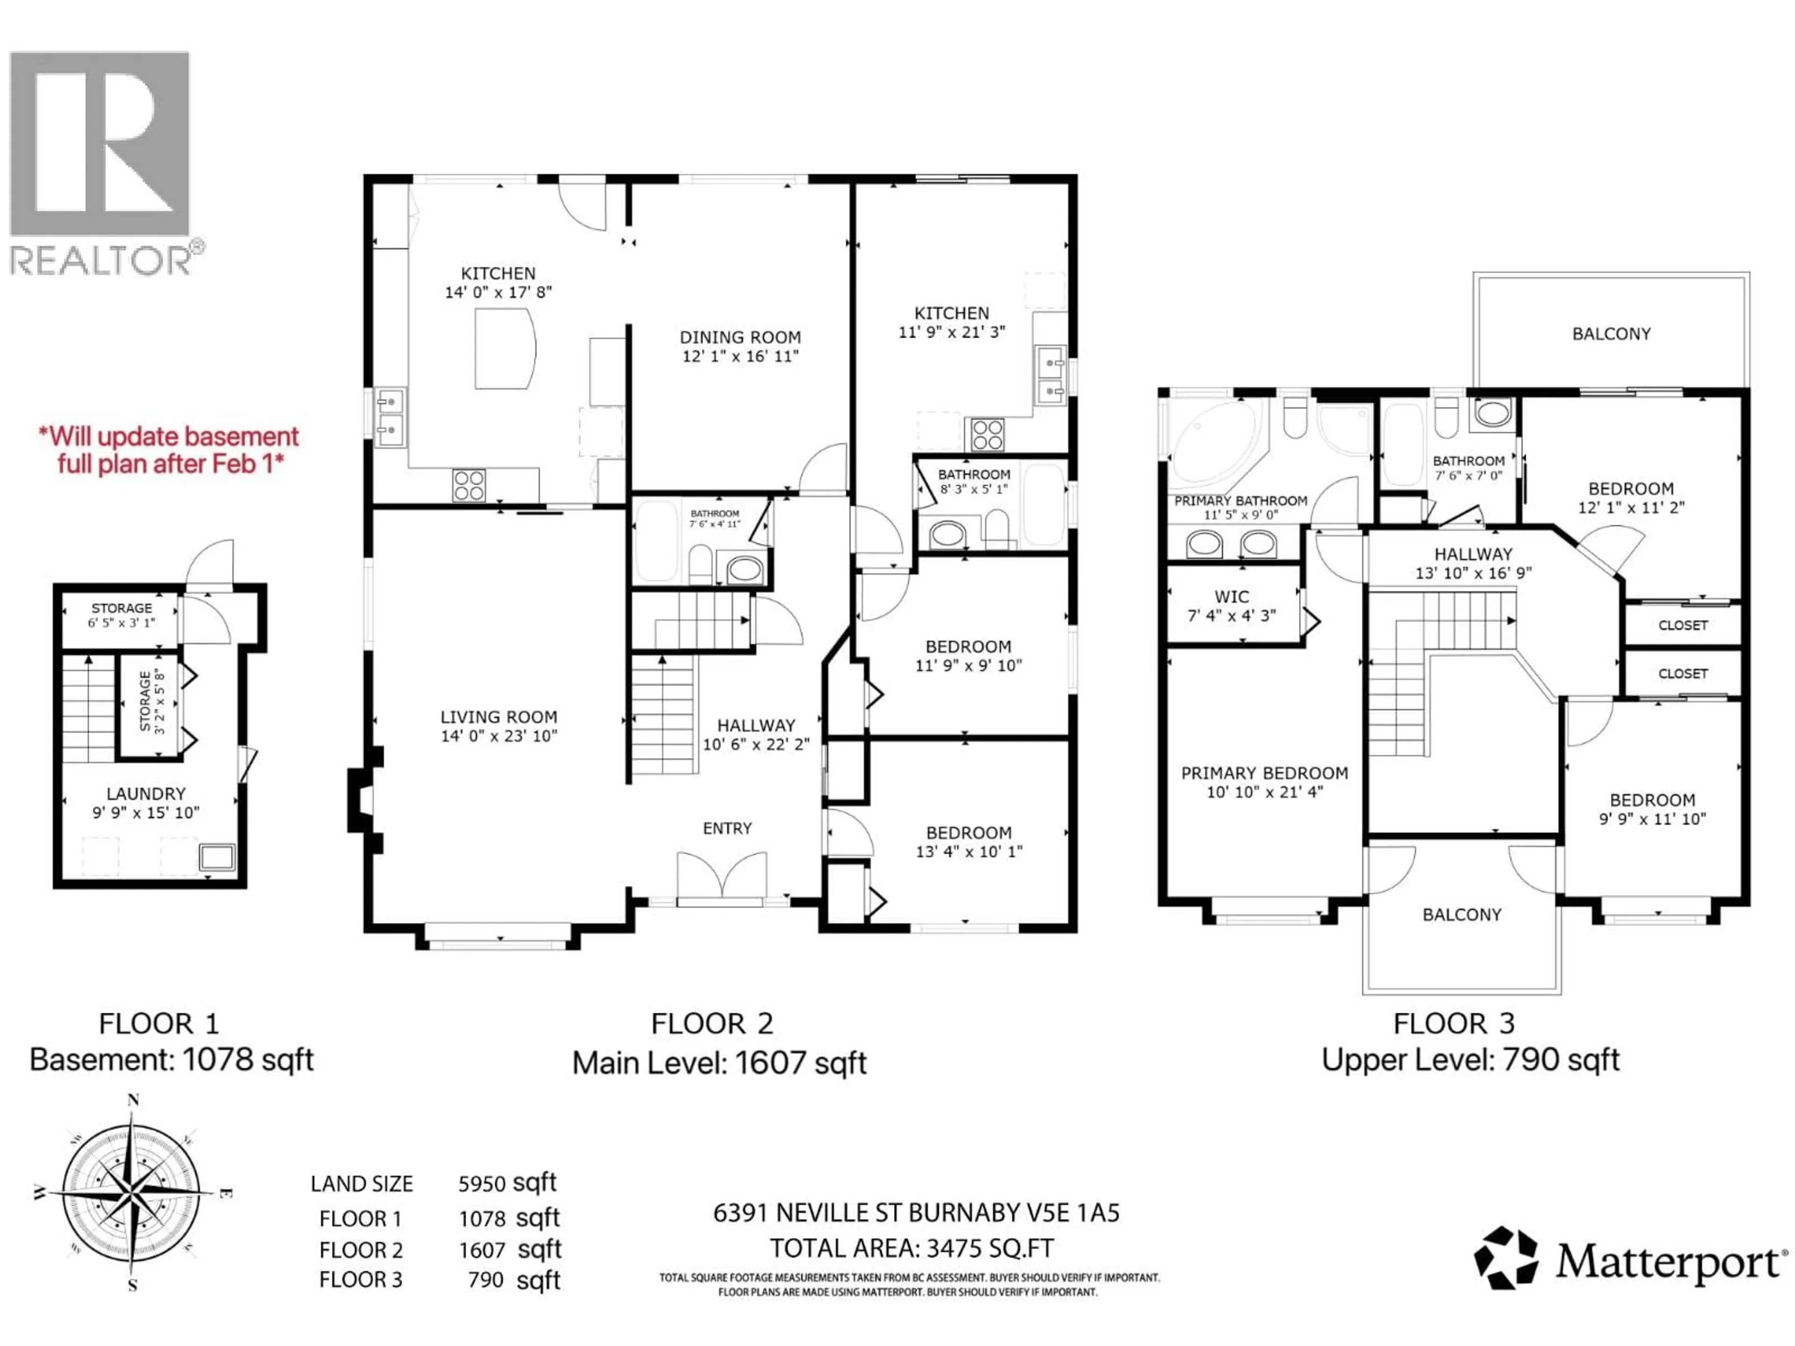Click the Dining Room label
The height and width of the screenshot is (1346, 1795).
pos(740,337)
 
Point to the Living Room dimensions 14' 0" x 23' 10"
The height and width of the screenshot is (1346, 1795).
pos(498,736)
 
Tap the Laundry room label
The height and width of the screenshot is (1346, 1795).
pos(146,794)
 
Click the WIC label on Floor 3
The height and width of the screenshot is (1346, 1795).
pos(1231,596)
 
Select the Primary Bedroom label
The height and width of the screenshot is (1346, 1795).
pos(1264,773)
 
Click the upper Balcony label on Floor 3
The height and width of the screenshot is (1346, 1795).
pos(1611,333)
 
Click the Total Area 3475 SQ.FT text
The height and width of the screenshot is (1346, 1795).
pos(912,1248)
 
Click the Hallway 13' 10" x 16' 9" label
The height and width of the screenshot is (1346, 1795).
pos(1473,554)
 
